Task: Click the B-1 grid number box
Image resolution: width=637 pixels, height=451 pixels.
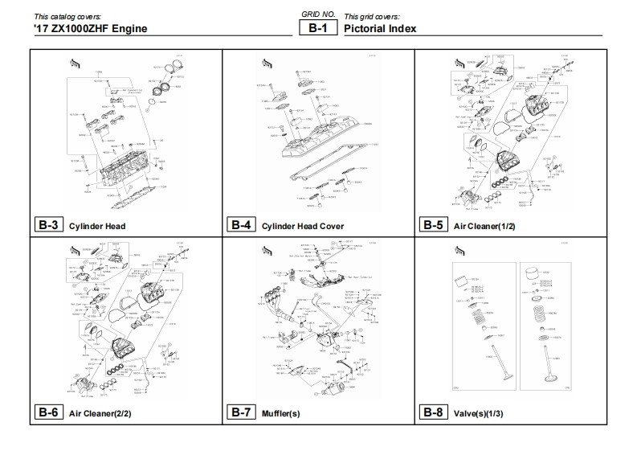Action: coord(317,28)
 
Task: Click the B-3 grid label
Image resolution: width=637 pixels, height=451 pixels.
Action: coord(49,225)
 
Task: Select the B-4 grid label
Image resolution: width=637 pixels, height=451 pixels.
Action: coord(241,225)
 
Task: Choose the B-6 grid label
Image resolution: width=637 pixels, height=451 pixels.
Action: coord(49,413)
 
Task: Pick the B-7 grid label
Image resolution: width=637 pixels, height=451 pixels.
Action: coord(241,413)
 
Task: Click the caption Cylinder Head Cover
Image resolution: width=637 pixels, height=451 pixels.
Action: coord(303,227)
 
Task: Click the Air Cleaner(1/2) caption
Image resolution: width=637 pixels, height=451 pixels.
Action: coord(484,227)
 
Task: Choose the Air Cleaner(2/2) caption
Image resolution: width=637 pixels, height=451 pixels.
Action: coord(100,414)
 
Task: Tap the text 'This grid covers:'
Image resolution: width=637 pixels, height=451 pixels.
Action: coord(372,17)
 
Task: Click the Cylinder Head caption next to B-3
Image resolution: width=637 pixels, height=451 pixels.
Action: coord(97,227)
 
